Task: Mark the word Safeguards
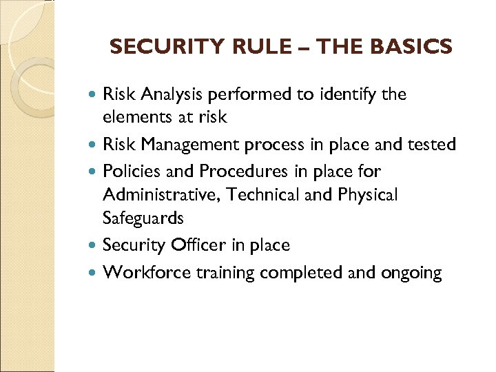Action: point(143,219)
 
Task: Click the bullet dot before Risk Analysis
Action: point(94,95)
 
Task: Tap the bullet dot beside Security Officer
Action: point(94,245)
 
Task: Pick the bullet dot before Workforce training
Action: point(94,273)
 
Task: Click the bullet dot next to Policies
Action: point(94,171)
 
